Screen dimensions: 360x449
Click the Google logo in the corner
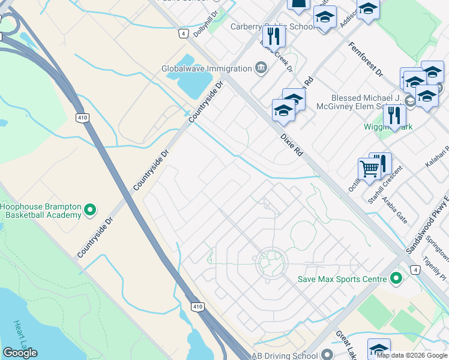point(20,353)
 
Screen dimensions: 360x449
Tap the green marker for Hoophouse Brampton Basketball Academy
point(90,210)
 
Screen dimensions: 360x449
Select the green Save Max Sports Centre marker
point(396,278)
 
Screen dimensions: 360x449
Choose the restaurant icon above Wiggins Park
point(394,115)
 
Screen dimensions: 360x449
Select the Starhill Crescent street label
point(383,179)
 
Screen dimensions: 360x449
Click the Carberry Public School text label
point(273,26)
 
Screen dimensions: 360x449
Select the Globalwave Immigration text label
point(206,68)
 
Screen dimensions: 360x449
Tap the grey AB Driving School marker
point(327,355)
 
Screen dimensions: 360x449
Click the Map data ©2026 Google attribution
point(412,355)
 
